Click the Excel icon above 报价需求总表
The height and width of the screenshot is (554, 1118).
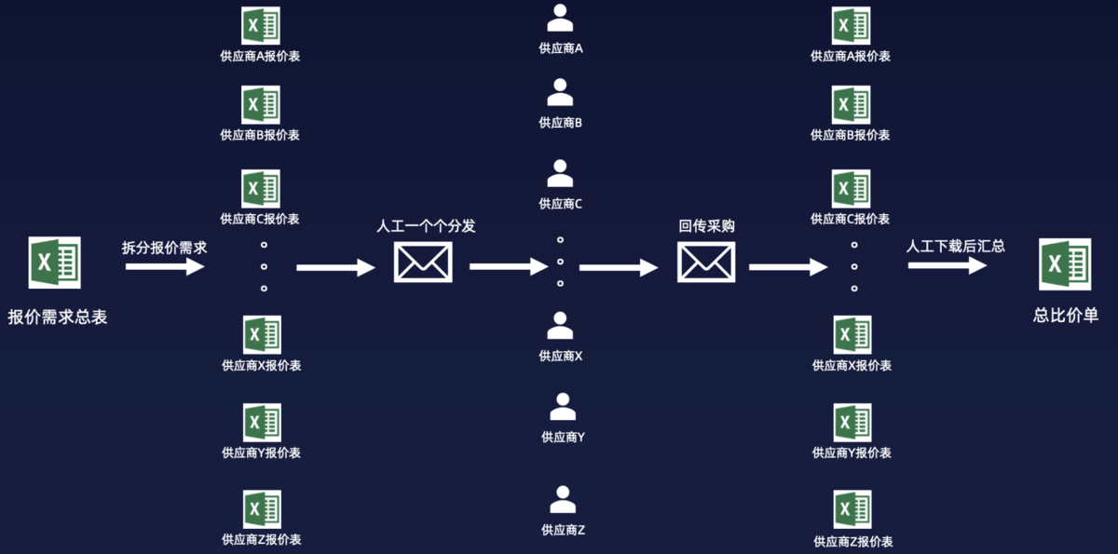(55, 263)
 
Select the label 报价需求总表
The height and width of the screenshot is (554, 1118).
(58, 317)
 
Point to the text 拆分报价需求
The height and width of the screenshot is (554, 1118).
(164, 248)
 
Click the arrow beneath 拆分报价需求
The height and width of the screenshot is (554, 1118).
(165, 267)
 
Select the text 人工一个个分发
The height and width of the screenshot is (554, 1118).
(425, 226)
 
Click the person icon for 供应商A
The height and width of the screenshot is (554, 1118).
(560, 19)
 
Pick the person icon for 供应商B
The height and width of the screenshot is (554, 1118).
(560, 92)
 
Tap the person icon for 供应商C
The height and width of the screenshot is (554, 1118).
(560, 173)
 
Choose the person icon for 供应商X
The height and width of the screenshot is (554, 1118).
(560, 325)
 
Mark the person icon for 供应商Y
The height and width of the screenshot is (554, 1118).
(562, 406)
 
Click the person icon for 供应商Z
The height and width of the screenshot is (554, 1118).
(562, 500)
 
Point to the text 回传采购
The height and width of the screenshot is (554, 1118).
(706, 226)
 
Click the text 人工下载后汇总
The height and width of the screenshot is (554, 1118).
(955, 247)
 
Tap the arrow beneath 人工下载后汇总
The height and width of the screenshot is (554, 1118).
(948, 265)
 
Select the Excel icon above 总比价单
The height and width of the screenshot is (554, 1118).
(1065, 264)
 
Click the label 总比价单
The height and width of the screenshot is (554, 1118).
(1066, 316)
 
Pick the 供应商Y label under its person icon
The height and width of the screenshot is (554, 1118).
(563, 437)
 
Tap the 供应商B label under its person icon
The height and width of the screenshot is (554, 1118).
(561, 122)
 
